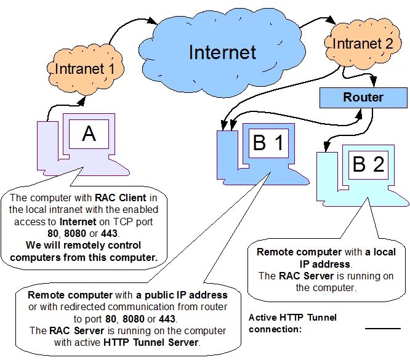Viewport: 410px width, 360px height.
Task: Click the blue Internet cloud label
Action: pyautogui.click(x=222, y=52)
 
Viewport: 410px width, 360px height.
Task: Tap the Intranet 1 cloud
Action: pyautogui.click(x=85, y=70)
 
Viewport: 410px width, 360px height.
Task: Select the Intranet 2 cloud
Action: pyautogui.click(x=363, y=44)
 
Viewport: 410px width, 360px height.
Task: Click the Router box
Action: pyautogui.click(x=363, y=98)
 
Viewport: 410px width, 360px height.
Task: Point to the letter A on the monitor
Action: pyautogui.click(x=89, y=134)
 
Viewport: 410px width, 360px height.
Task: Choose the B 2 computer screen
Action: pyautogui.click(x=368, y=165)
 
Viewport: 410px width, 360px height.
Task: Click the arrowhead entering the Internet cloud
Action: pyautogui.click(x=151, y=21)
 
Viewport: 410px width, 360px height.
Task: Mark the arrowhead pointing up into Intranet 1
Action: pyautogui.click(x=82, y=101)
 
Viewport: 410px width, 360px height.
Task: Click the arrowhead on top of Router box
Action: pyautogui.click(x=373, y=82)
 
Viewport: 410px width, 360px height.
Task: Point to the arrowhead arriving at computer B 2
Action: pyautogui.click(x=326, y=146)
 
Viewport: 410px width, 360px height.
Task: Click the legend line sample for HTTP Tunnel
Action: pyautogui.click(x=383, y=329)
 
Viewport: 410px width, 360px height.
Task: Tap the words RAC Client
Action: pyautogui.click(x=121, y=198)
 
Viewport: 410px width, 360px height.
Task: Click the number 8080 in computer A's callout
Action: pyautogui.click(x=75, y=233)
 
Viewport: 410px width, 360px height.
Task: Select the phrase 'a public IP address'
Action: pyautogui.click(x=182, y=295)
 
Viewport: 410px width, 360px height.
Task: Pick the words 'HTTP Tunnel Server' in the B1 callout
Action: pyautogui.click(x=151, y=342)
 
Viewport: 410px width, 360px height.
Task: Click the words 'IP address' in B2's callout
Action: pyautogui.click(x=325, y=264)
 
